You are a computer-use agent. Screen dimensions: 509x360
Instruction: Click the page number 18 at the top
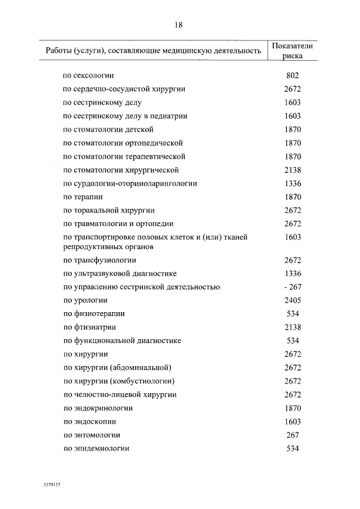click(x=179, y=25)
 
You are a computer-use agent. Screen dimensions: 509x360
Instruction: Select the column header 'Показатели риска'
click(x=292, y=51)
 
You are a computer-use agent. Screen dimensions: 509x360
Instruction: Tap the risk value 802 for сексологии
click(x=292, y=75)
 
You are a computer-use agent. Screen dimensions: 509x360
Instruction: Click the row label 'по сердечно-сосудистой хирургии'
click(x=124, y=89)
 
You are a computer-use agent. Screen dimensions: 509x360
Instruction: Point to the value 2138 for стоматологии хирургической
click(x=292, y=170)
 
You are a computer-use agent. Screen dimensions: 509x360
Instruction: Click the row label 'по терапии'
click(x=82, y=197)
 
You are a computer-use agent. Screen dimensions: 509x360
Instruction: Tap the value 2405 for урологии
click(x=292, y=300)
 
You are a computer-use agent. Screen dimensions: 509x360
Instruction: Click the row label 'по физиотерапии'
click(x=94, y=314)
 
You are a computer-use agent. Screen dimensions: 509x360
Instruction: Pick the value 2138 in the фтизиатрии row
click(x=292, y=327)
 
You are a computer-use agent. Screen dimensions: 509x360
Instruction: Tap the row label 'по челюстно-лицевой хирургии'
click(x=120, y=395)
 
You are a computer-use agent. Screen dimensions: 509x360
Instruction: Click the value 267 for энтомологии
click(x=292, y=435)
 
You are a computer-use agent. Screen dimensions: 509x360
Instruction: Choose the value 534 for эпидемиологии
click(x=292, y=449)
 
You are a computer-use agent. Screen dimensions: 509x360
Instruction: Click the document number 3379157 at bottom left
click(x=51, y=484)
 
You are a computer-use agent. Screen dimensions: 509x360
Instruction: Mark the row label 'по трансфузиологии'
click(x=100, y=260)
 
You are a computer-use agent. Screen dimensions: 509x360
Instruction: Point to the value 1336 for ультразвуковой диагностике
click(x=292, y=273)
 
